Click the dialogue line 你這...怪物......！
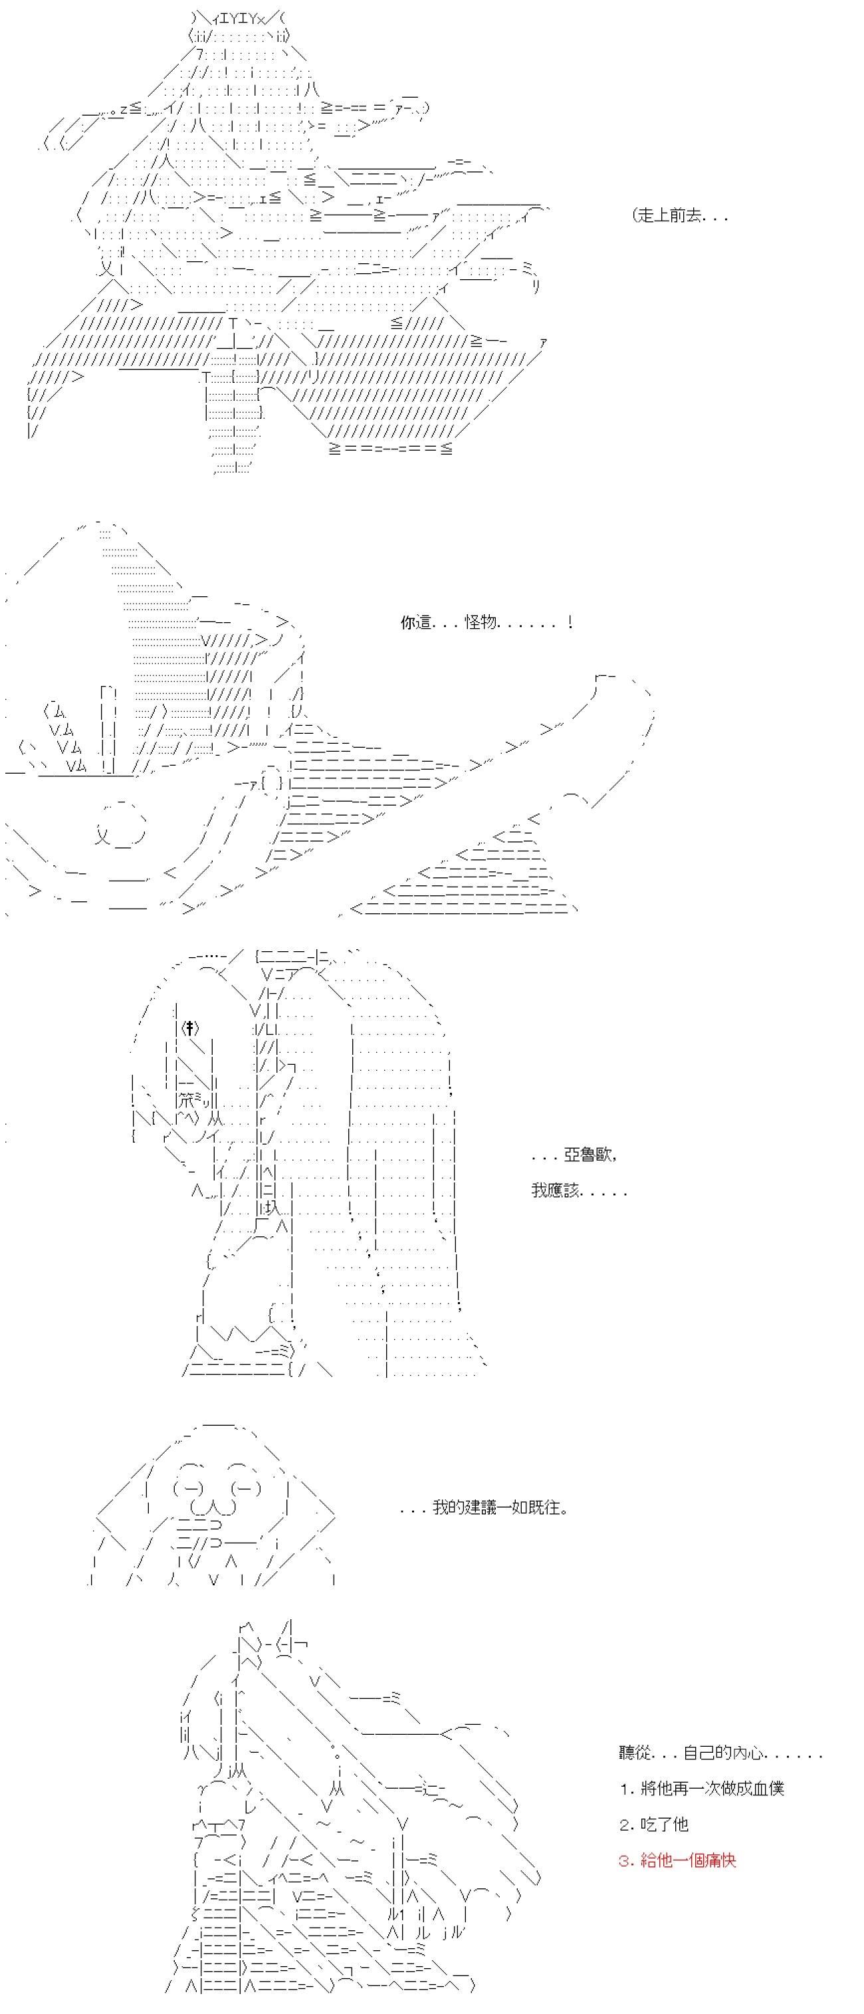pos(488,623)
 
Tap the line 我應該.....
pos(580,1190)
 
